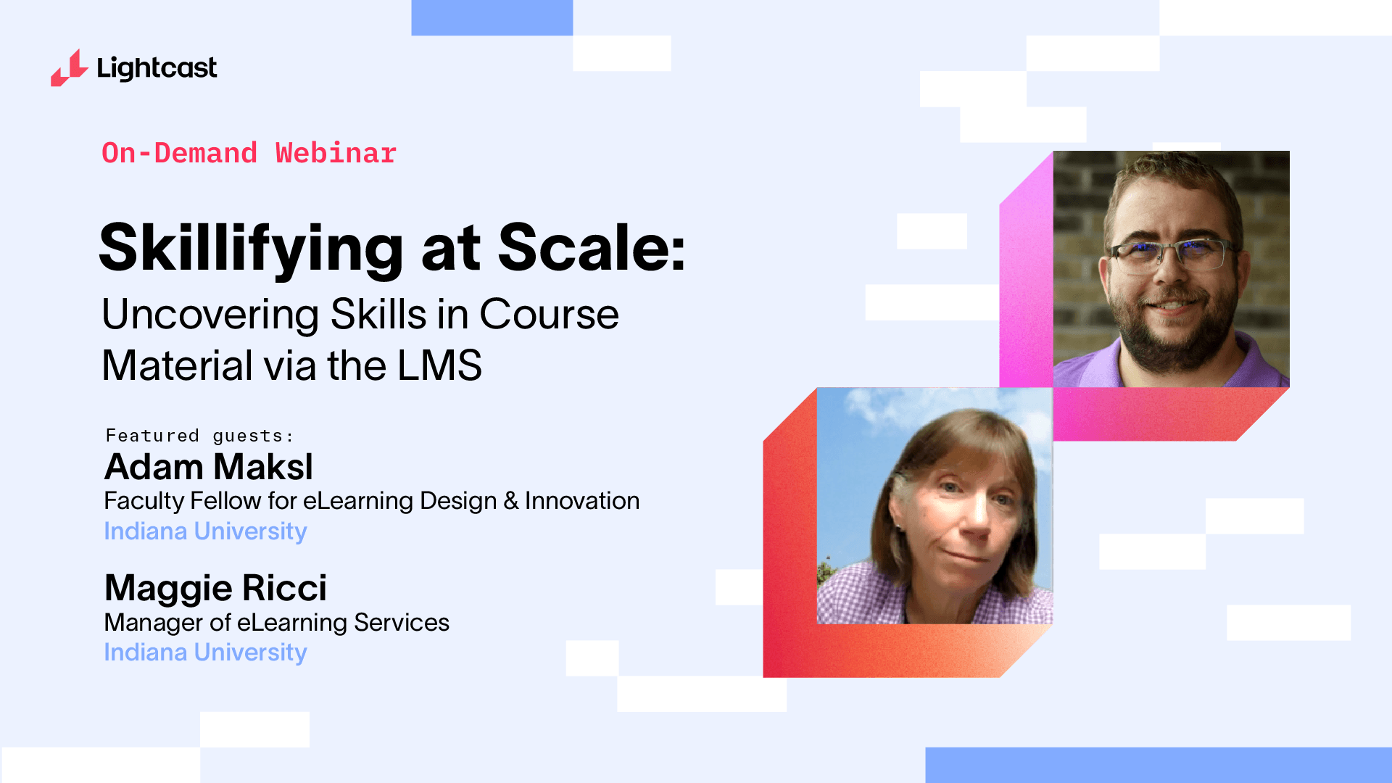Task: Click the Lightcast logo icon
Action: coord(69,68)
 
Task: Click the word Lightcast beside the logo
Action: coord(157,68)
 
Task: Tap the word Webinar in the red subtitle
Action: coord(336,153)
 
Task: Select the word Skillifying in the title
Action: coord(251,249)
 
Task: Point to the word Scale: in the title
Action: coord(592,247)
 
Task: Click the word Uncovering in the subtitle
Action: coord(210,315)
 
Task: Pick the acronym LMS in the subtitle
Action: coord(439,365)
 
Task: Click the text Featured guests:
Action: coord(199,436)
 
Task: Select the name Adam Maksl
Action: coord(209,467)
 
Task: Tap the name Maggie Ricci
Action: coord(215,588)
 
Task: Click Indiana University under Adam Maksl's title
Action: coord(206,531)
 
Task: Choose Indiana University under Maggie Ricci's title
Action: coord(206,652)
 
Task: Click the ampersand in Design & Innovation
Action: coord(511,501)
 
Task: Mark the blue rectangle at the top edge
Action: coord(492,17)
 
